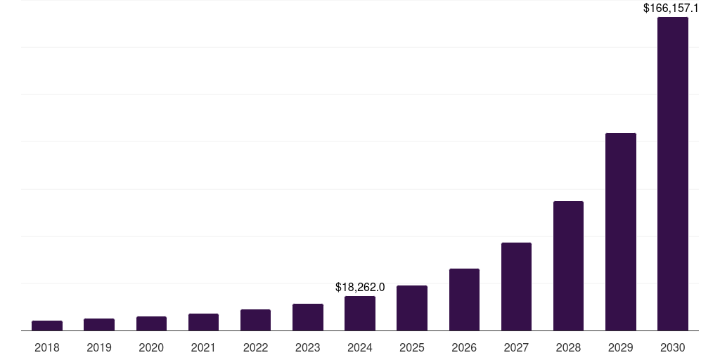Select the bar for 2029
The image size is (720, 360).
(x=620, y=231)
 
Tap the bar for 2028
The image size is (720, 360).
(x=568, y=266)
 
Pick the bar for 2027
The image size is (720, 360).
(x=516, y=286)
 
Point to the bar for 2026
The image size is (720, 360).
(x=464, y=300)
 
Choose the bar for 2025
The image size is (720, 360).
(x=412, y=308)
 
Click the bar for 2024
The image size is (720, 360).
(x=360, y=313)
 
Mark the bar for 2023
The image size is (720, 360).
(x=308, y=317)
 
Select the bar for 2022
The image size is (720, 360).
(x=255, y=320)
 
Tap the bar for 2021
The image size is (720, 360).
(x=203, y=322)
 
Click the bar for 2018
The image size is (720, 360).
(x=47, y=326)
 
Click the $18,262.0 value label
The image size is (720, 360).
(x=360, y=287)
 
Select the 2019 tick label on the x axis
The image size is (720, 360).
(x=99, y=347)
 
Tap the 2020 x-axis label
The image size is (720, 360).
(x=151, y=347)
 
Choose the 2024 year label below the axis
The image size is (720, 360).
(x=360, y=347)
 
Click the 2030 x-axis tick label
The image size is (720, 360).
(x=672, y=347)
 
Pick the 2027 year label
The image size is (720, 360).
(x=516, y=347)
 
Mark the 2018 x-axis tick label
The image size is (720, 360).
(x=47, y=347)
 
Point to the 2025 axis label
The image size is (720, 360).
(x=412, y=347)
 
